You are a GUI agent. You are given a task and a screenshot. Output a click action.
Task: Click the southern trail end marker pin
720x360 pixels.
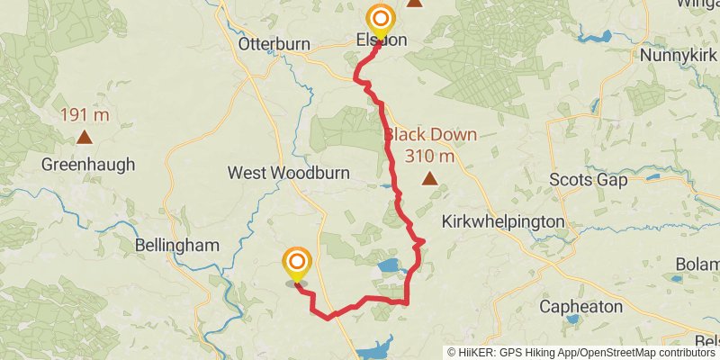point(297,265)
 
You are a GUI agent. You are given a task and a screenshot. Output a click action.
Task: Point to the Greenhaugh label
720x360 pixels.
point(88,165)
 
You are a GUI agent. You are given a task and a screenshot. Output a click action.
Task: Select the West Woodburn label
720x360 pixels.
point(275,172)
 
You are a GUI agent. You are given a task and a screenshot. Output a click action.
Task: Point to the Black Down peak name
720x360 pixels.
point(431,135)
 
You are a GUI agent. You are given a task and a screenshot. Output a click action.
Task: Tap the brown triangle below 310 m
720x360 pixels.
point(431,178)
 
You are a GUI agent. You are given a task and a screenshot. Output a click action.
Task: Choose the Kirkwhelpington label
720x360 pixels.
point(504,221)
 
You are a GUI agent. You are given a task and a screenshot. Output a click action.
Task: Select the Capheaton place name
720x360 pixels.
point(580,307)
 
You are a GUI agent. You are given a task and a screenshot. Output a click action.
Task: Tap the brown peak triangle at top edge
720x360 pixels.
point(414,3)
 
